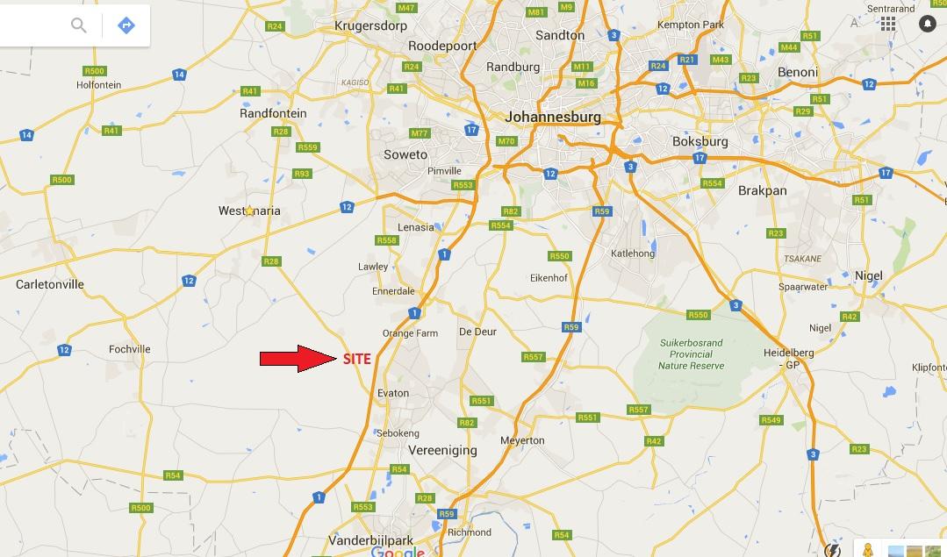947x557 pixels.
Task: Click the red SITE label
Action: [357, 359]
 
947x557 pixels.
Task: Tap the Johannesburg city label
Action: [553, 117]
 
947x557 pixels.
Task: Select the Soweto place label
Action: [405, 154]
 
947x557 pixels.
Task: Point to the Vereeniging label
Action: [442, 450]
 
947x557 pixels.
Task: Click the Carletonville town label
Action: [50, 284]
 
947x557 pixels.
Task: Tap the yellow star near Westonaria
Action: [249, 211]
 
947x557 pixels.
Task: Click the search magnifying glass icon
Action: [79, 25]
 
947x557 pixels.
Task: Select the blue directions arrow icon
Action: [126, 25]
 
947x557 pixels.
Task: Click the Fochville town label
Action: [130, 349]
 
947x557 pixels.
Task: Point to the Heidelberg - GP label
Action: [788, 359]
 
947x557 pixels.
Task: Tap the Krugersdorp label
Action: [371, 26]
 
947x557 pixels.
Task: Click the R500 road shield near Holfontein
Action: [94, 71]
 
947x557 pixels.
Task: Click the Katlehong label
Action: [632, 254]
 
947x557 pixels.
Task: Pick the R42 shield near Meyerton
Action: [653, 441]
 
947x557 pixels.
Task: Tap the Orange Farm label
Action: [410, 333]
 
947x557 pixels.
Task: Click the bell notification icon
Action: [927, 24]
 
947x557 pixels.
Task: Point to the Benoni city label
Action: [797, 72]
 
